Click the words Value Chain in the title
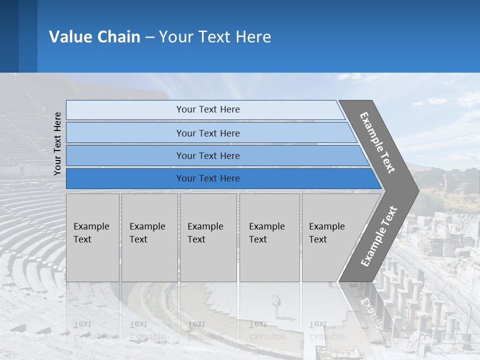point(94,36)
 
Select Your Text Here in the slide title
point(215,36)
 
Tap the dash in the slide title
point(149,37)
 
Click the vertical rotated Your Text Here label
point(57,143)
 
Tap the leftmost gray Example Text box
point(92,237)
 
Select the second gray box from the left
point(149,237)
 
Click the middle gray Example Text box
point(208,237)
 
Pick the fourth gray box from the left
point(269,237)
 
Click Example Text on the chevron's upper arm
point(377,142)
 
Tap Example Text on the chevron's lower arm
point(379,236)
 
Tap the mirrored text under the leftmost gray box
point(91,330)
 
